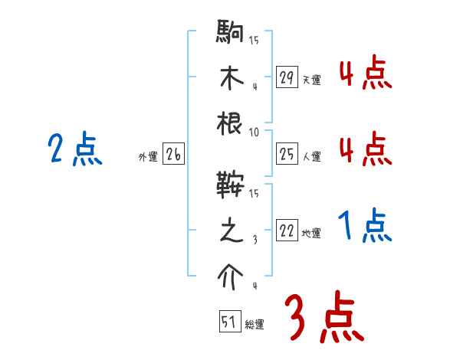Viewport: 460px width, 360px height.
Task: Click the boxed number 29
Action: click(x=287, y=77)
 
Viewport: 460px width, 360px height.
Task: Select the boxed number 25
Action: click(x=287, y=155)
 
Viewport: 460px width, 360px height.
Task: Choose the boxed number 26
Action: click(x=173, y=155)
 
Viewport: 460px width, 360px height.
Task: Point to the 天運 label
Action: click(x=311, y=80)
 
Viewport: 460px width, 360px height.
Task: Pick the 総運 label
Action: click(x=255, y=324)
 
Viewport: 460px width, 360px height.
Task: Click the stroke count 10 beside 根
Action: click(x=254, y=133)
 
